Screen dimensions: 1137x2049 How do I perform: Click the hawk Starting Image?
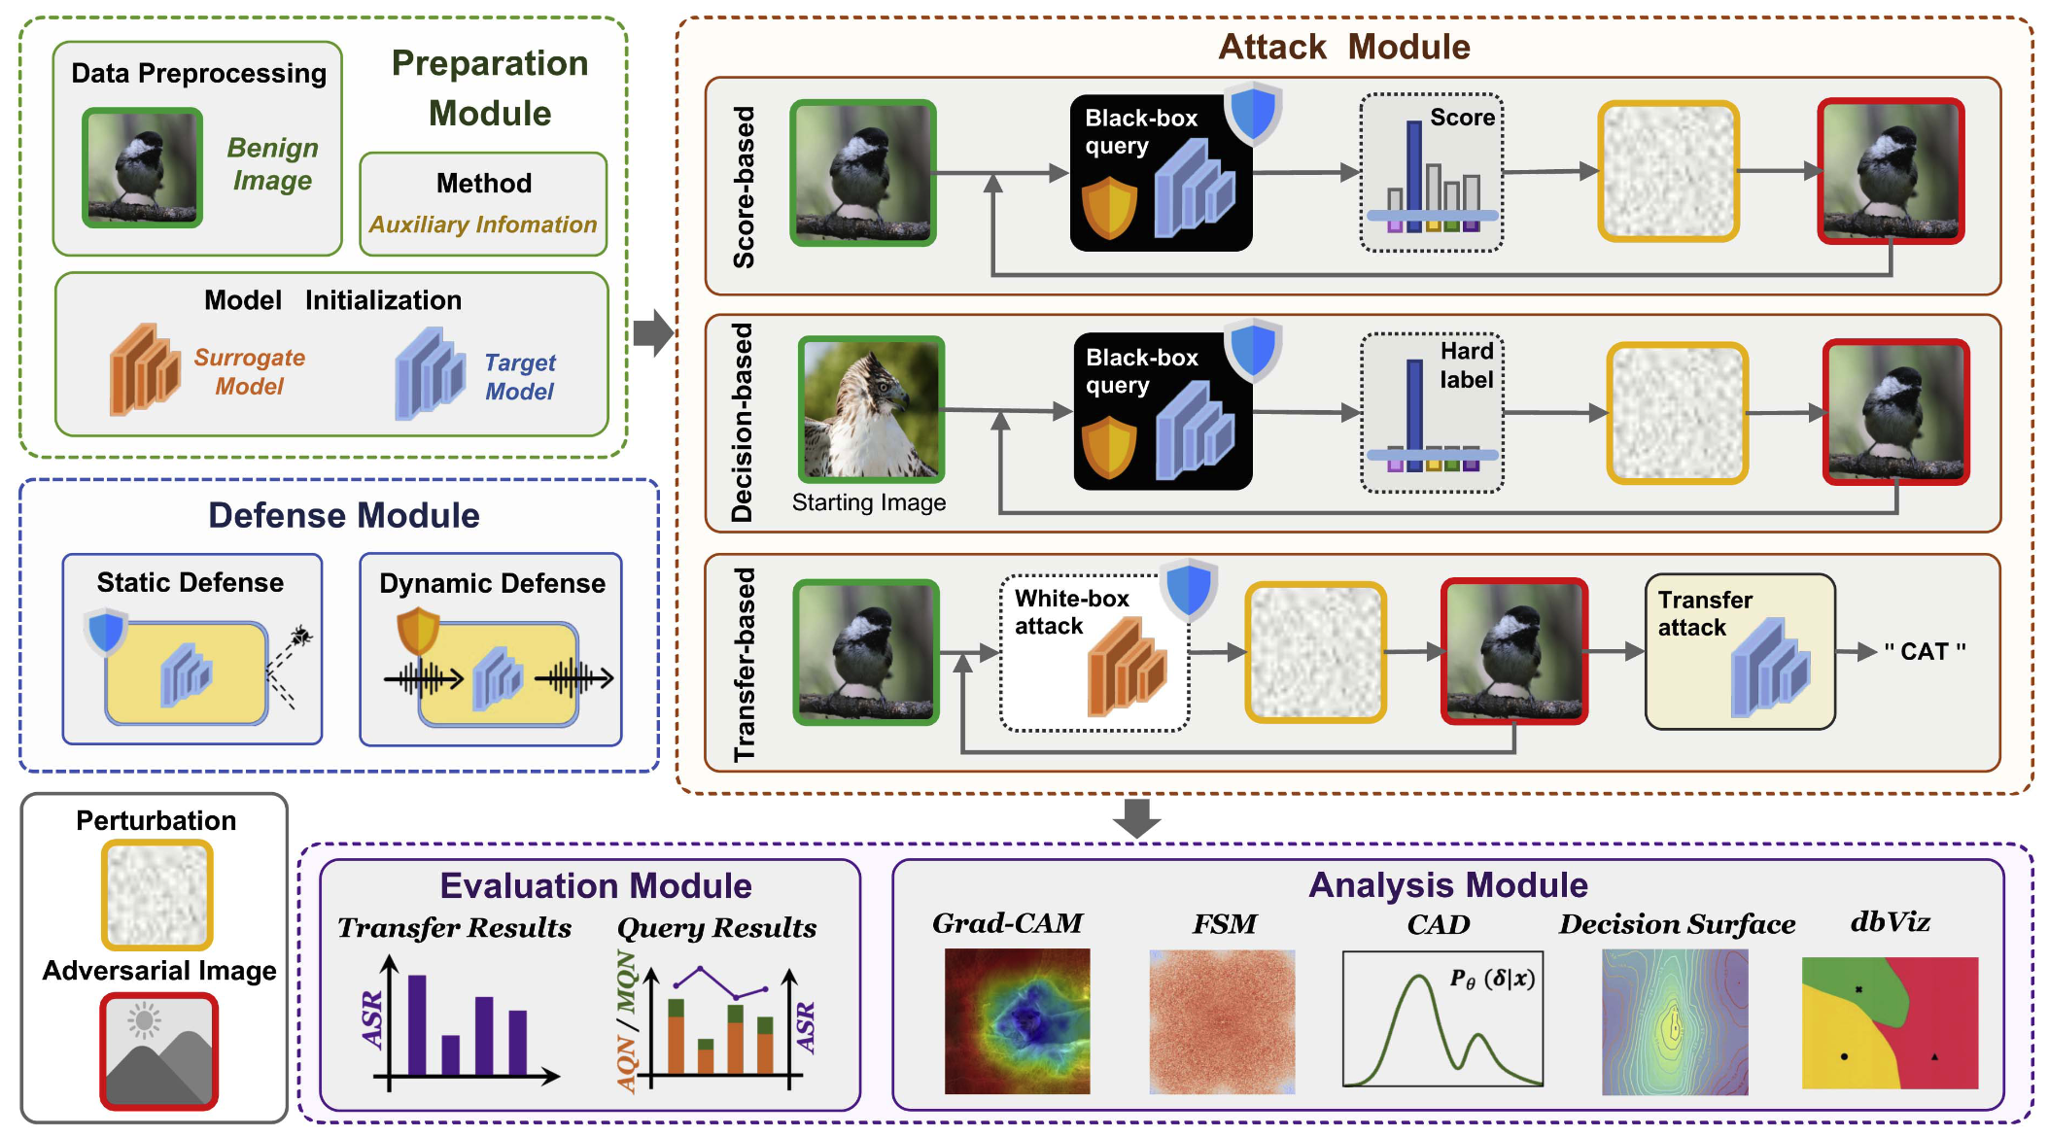[871, 409]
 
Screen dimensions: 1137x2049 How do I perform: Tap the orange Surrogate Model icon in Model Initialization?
[145, 370]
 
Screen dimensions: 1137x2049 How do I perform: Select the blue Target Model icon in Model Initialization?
[430, 374]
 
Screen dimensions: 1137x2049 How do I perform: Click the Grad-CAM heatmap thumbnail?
[1017, 1021]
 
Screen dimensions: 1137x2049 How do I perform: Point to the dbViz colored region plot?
[1890, 1022]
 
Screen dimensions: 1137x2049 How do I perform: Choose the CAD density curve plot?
[1442, 1018]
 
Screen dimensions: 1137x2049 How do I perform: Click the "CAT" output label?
[1924, 652]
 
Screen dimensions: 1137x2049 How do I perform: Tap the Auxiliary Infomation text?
[483, 224]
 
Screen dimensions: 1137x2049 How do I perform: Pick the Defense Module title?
[343, 515]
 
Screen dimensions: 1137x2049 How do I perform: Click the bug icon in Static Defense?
[301, 637]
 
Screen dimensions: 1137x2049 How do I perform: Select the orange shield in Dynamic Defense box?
[418, 629]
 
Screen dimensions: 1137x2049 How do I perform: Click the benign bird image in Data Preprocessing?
[143, 168]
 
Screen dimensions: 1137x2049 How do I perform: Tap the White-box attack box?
[1094, 652]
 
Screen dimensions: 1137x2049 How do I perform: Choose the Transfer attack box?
[1739, 651]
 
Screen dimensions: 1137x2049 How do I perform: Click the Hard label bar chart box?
[1432, 413]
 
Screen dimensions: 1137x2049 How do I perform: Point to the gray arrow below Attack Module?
[1135, 817]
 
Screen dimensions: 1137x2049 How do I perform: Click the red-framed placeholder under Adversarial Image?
[158, 1051]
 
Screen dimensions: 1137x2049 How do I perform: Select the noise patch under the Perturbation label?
[156, 895]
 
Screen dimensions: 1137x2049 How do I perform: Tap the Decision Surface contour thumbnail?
[1674, 1022]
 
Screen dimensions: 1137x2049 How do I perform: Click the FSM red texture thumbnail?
[1222, 1022]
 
